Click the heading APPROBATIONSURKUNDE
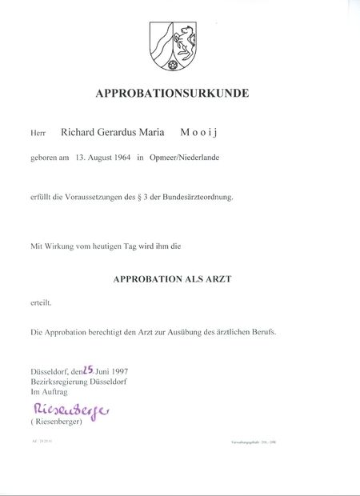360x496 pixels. click(x=172, y=94)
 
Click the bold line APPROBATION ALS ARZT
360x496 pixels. click(x=172, y=279)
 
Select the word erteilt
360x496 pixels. click(x=42, y=302)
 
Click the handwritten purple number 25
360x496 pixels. click(x=89, y=370)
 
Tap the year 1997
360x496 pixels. click(x=118, y=372)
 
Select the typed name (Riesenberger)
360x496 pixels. click(x=57, y=422)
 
